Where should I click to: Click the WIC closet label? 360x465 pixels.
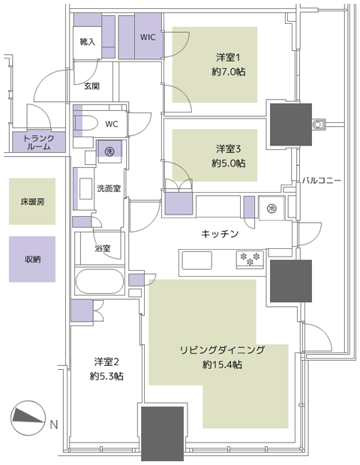coord(148,37)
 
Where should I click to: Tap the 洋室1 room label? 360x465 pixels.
coord(228,57)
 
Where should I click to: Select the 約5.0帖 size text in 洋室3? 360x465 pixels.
coord(228,163)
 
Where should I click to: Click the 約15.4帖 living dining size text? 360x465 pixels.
coord(222,364)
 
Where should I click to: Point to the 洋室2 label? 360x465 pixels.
coord(106,361)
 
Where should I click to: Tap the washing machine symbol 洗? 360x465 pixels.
coord(109,151)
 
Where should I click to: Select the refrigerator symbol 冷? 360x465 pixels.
coord(271,208)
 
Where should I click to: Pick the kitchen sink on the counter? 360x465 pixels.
coord(197,260)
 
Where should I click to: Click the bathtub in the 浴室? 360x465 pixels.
coord(100,281)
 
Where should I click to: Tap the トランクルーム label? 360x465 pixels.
coord(39,142)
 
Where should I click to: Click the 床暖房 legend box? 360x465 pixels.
coord(32,201)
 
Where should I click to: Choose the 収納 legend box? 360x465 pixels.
coord(32,259)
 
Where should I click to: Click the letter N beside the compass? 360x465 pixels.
coord(54,424)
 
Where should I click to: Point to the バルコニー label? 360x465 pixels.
coord(322,181)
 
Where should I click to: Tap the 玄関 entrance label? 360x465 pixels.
coord(91,86)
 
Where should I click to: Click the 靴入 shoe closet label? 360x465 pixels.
coord(88,42)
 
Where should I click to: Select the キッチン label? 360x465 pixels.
coord(220,234)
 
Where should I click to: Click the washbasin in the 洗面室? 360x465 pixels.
coord(86,188)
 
